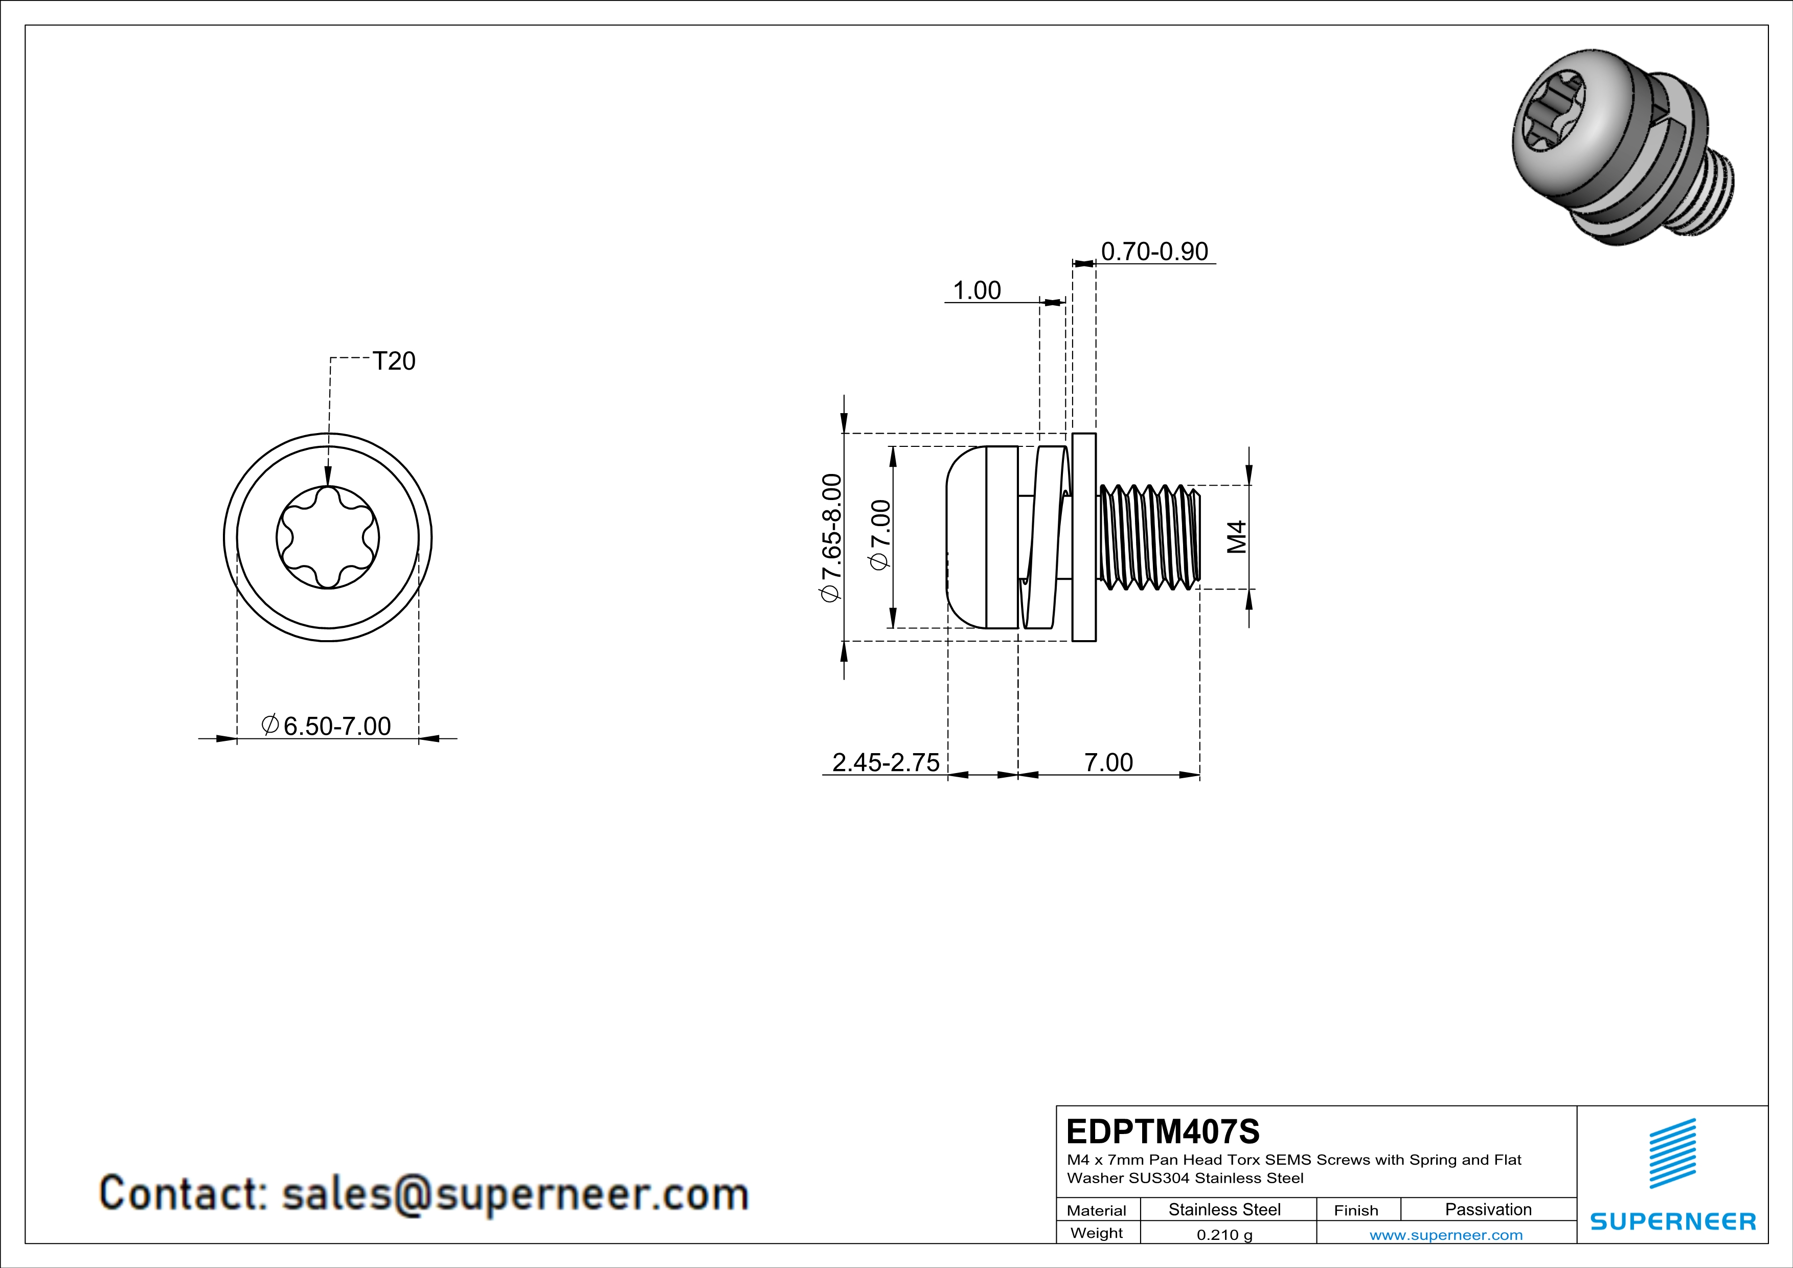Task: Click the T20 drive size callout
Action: point(394,361)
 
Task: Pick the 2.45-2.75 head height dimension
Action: point(885,762)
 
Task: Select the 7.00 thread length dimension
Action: point(1107,762)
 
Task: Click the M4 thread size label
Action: point(1237,537)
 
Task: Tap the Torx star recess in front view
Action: point(328,537)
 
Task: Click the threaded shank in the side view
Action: point(1148,537)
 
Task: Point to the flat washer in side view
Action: point(1084,537)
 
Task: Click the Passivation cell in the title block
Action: point(1488,1209)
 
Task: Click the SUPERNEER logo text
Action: point(1673,1221)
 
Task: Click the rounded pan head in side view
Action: point(967,537)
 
